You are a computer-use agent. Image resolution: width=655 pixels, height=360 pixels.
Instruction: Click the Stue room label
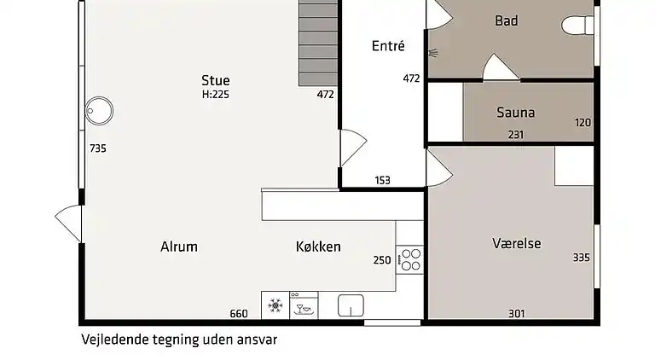coord(215,81)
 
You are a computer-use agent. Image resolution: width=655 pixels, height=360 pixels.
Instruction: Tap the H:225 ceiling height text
coord(215,95)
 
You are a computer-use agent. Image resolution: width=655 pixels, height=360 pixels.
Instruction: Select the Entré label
coord(388,46)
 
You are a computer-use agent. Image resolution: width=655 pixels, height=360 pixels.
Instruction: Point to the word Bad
coord(507,20)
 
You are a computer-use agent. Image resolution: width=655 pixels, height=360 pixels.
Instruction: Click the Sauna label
coord(515,113)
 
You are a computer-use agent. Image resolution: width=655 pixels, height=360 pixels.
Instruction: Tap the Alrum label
coord(179,247)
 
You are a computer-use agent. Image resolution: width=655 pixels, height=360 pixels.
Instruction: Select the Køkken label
coord(318,247)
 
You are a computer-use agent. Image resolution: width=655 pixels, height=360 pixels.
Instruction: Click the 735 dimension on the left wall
coord(97,148)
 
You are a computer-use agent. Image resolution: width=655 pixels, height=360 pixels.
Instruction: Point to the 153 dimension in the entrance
coord(382,180)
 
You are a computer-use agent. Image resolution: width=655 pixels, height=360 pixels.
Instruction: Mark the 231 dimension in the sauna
coord(515,135)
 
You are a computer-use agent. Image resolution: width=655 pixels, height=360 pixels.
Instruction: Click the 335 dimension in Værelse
coord(582,257)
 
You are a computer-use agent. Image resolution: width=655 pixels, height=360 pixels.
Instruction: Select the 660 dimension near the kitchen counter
coord(239,313)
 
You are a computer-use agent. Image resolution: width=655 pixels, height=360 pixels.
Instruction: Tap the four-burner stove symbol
coord(410,258)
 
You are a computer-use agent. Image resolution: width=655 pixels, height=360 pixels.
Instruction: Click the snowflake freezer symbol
coord(275,305)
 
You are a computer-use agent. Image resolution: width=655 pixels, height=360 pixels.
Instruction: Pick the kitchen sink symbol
coord(351,305)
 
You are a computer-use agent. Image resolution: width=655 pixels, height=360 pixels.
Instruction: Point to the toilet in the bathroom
coord(580,25)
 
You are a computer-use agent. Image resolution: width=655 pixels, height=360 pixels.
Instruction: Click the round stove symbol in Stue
coord(99,109)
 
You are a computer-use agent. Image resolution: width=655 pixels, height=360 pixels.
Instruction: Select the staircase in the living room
coord(318,43)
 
